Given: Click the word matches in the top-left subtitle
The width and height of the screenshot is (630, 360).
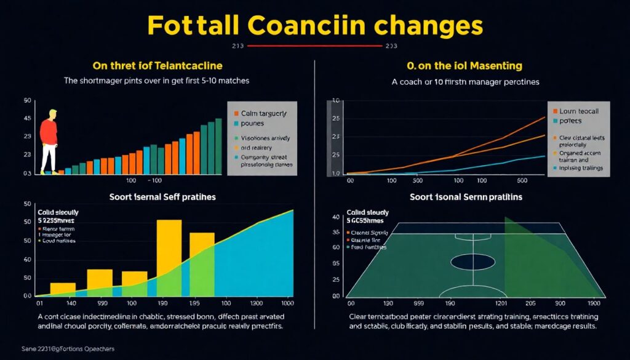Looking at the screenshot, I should [236, 80].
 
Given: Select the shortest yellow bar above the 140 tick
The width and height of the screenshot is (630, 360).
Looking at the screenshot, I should [63, 289].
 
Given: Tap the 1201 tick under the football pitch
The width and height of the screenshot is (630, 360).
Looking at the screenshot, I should [500, 303].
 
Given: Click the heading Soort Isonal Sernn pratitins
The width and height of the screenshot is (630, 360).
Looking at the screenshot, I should [466, 197].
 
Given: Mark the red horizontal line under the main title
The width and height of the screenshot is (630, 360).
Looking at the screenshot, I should [314, 46].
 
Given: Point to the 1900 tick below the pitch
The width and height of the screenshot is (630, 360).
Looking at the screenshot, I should [593, 303].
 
